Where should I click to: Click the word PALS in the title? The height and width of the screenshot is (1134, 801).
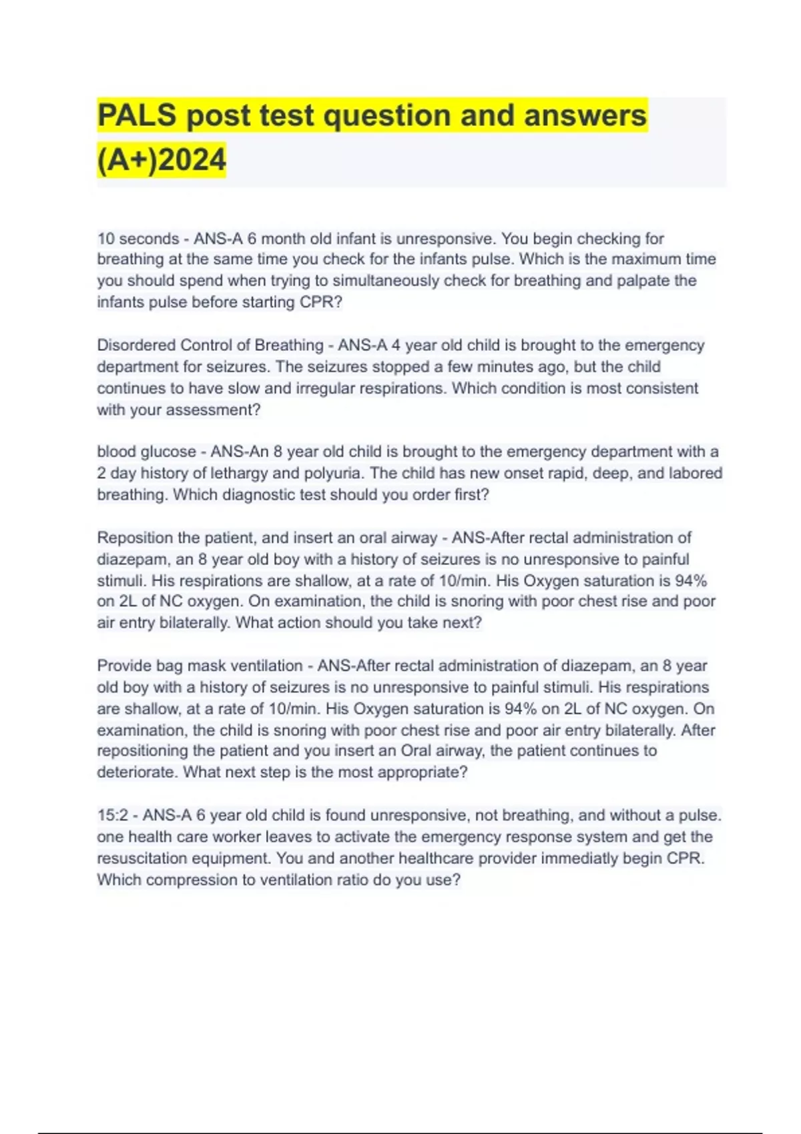137,115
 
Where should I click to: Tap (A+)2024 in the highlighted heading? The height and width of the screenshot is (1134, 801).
162,160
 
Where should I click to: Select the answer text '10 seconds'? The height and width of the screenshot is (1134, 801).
138,239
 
